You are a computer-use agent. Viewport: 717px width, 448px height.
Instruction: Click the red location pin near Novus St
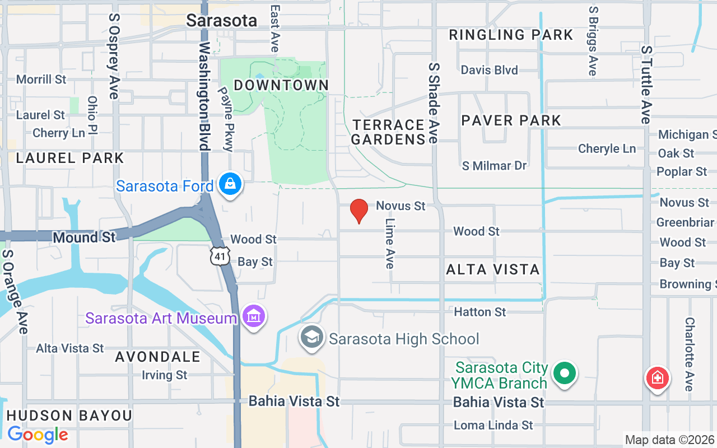(x=358, y=211)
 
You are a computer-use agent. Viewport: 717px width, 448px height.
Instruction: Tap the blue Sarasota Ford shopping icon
(x=230, y=183)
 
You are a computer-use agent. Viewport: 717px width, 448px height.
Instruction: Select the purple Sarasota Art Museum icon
(x=254, y=317)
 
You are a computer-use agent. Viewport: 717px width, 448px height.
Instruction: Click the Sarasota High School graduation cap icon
(x=311, y=338)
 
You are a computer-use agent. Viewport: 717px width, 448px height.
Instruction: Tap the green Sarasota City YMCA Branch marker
(x=565, y=373)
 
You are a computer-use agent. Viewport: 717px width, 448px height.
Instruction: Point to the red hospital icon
(x=657, y=378)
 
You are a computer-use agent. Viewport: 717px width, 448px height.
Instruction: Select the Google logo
(x=38, y=435)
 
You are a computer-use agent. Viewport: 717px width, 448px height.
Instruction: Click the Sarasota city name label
(x=221, y=21)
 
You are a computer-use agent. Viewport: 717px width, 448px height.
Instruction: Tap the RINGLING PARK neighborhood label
(x=511, y=35)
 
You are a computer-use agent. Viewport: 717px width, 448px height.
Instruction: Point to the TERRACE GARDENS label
(x=388, y=132)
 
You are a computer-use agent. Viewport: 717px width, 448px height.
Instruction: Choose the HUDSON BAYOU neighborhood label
(x=69, y=416)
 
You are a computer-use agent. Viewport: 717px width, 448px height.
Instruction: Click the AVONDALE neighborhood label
(x=158, y=357)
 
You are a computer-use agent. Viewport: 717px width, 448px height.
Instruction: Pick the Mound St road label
(x=84, y=237)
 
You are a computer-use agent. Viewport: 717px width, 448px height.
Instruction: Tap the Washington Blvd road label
(x=203, y=95)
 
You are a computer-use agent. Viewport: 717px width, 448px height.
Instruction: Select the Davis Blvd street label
(x=489, y=70)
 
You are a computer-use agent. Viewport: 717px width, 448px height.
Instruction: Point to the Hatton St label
(x=480, y=312)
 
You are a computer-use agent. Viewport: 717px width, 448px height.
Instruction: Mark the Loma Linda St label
(x=493, y=426)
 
